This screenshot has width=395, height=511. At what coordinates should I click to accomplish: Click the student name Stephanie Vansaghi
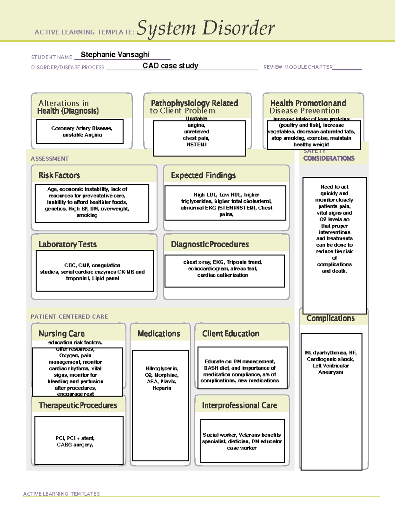click(x=115, y=55)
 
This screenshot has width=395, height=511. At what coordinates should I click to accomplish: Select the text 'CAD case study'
click(x=171, y=66)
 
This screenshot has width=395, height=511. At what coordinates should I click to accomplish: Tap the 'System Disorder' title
click(x=206, y=28)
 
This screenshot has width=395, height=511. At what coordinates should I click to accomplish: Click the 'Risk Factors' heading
click(x=59, y=175)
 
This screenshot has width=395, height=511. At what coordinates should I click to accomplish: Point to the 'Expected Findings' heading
click(x=203, y=175)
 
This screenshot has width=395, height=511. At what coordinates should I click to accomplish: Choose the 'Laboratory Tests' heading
click(x=67, y=244)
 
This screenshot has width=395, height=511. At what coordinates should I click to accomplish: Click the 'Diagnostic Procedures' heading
click(x=210, y=244)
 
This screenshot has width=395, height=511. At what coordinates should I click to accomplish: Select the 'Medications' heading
click(x=159, y=334)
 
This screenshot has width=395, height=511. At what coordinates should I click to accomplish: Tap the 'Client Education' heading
click(x=230, y=334)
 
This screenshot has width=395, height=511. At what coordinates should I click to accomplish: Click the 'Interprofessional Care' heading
click(x=239, y=405)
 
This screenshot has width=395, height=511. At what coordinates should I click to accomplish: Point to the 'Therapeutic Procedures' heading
click(x=78, y=405)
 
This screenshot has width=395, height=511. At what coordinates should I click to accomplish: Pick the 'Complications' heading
click(x=330, y=318)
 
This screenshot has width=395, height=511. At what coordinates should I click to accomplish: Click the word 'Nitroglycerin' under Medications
click(x=162, y=369)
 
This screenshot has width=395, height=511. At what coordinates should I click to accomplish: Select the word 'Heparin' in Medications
click(x=162, y=388)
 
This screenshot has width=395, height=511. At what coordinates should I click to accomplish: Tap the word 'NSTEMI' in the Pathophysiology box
click(x=197, y=144)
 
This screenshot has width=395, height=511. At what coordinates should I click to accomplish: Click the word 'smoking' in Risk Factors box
click(x=87, y=215)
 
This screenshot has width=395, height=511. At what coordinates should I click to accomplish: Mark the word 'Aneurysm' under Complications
click(x=330, y=372)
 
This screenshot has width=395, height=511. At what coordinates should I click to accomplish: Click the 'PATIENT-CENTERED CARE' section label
click(x=69, y=317)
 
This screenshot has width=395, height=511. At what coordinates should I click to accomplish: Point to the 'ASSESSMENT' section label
click(x=50, y=159)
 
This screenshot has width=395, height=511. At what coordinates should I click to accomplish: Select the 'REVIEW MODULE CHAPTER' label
click(x=298, y=67)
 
